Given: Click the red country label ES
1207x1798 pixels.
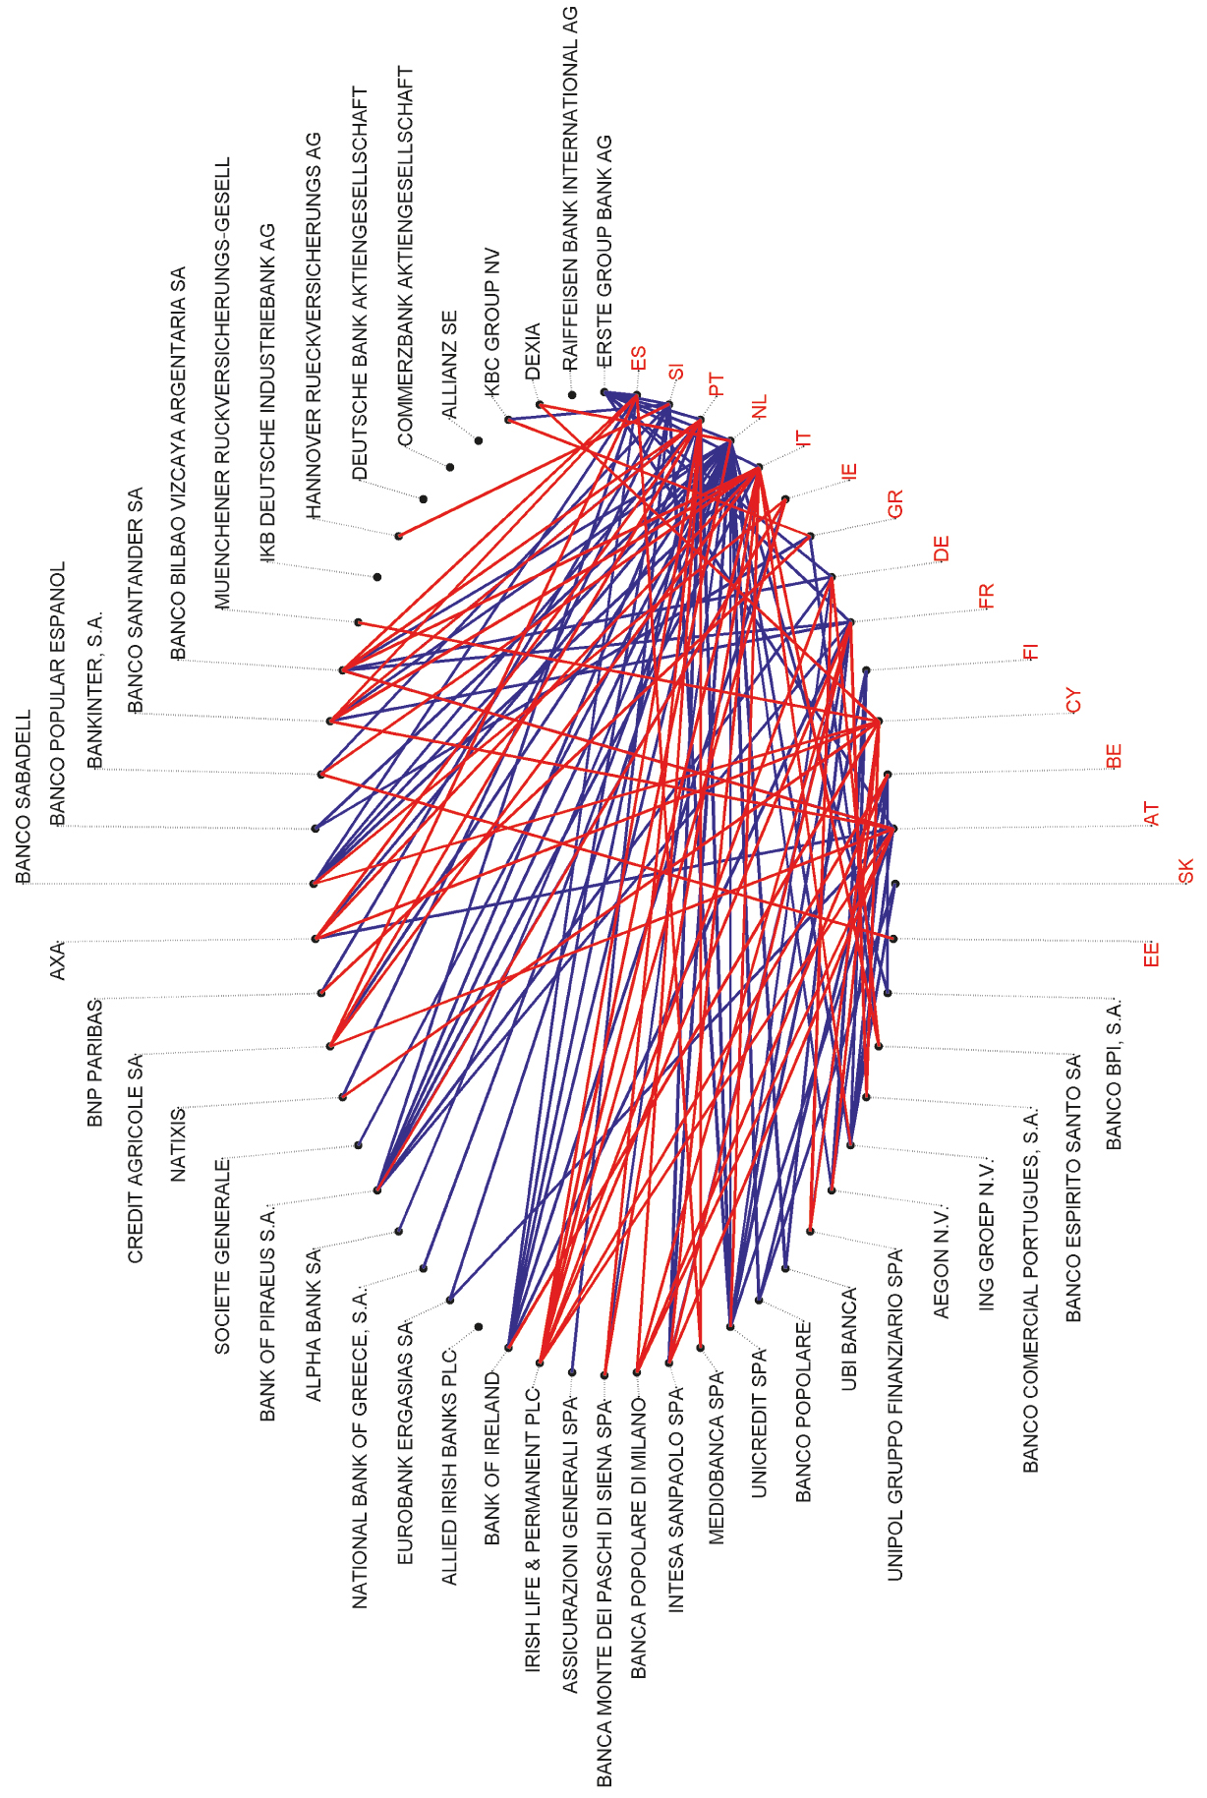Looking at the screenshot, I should (x=639, y=358).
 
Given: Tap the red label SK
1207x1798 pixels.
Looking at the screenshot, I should (x=1185, y=871).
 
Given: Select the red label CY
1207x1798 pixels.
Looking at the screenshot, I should (x=1073, y=701).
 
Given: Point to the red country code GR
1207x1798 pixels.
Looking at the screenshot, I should (x=894, y=504).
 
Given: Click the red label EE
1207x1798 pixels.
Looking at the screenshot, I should (x=1152, y=954).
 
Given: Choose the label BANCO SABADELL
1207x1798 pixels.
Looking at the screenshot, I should (x=25, y=796).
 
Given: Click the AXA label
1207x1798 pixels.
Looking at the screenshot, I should (x=57, y=959).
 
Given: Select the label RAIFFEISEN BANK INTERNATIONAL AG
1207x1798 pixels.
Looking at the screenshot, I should (x=570, y=187).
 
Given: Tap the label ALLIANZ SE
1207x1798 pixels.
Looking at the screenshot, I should (x=449, y=365).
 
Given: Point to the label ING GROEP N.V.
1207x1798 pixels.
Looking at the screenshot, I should (x=987, y=1234).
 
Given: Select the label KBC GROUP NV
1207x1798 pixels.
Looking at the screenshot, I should (x=492, y=321).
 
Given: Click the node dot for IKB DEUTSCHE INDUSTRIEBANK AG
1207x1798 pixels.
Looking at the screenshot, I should (x=377, y=577).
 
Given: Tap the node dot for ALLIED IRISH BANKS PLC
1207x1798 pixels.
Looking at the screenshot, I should (x=479, y=1327).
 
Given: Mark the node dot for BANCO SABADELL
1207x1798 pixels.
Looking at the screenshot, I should (x=314, y=884).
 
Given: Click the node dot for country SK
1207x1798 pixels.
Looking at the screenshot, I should (x=895, y=884).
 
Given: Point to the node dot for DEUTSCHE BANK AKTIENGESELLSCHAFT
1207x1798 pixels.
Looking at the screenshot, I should (x=424, y=499).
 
